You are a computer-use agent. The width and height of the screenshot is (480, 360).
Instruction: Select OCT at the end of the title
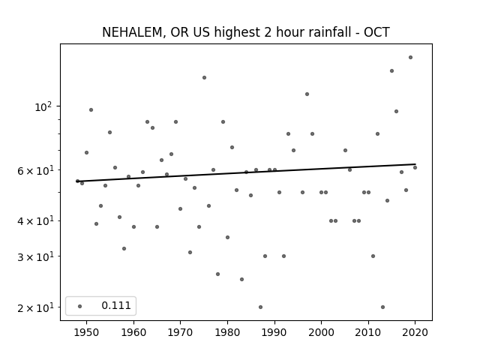point(376,32)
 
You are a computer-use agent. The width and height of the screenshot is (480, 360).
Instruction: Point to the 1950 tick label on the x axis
point(87,332)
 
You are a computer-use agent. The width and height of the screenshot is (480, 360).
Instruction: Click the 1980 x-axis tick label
point(227,332)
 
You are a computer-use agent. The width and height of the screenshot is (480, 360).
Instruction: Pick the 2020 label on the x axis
point(415,332)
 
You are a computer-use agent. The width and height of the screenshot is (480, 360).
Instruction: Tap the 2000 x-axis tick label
point(322,332)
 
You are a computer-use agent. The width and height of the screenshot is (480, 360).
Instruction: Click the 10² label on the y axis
point(43,106)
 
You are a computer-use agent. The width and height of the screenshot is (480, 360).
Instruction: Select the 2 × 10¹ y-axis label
point(35,307)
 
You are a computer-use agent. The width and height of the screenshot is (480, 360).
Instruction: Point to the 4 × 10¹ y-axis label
point(35,221)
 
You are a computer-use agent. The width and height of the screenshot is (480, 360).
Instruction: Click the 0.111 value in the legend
point(116,305)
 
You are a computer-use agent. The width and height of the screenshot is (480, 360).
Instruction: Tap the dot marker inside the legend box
point(80,306)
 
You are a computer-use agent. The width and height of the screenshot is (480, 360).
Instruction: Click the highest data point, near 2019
point(410,58)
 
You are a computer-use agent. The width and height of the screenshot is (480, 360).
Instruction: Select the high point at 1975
point(204,78)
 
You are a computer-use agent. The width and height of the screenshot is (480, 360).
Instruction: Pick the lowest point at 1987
point(260,307)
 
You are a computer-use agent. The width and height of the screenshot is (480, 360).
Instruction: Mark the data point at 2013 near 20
point(382,307)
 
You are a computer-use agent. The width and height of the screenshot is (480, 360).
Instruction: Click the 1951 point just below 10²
point(91,110)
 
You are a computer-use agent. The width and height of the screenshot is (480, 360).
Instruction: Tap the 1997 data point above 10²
point(307,94)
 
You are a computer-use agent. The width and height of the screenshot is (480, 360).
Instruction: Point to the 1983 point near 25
point(241,279)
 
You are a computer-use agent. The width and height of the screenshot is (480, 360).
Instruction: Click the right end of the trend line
point(415,164)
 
